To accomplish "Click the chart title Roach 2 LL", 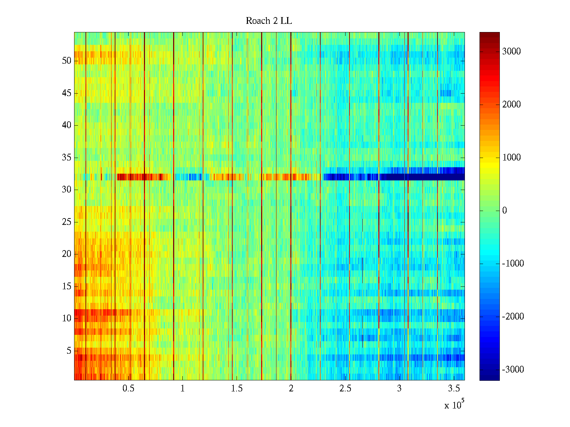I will [x=269, y=21].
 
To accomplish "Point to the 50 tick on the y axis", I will [x=67, y=61].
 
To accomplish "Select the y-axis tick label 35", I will [x=67, y=158].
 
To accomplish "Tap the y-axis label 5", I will [x=69, y=351].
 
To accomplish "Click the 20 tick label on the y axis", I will [x=67, y=254].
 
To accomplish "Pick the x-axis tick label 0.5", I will [x=128, y=389].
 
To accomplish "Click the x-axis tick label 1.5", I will [x=237, y=389].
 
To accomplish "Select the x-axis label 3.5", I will [x=454, y=389].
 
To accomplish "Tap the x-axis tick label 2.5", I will [x=345, y=389].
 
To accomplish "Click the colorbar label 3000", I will [x=512, y=52].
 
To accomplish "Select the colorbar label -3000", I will [x=513, y=370].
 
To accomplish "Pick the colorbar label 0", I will [x=504, y=211].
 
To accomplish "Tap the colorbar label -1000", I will [x=513, y=264].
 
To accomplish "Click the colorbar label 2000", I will [x=512, y=105].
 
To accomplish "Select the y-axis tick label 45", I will [x=67, y=93].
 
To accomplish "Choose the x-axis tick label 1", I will [x=182, y=389].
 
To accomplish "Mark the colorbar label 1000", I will [x=512, y=158].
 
